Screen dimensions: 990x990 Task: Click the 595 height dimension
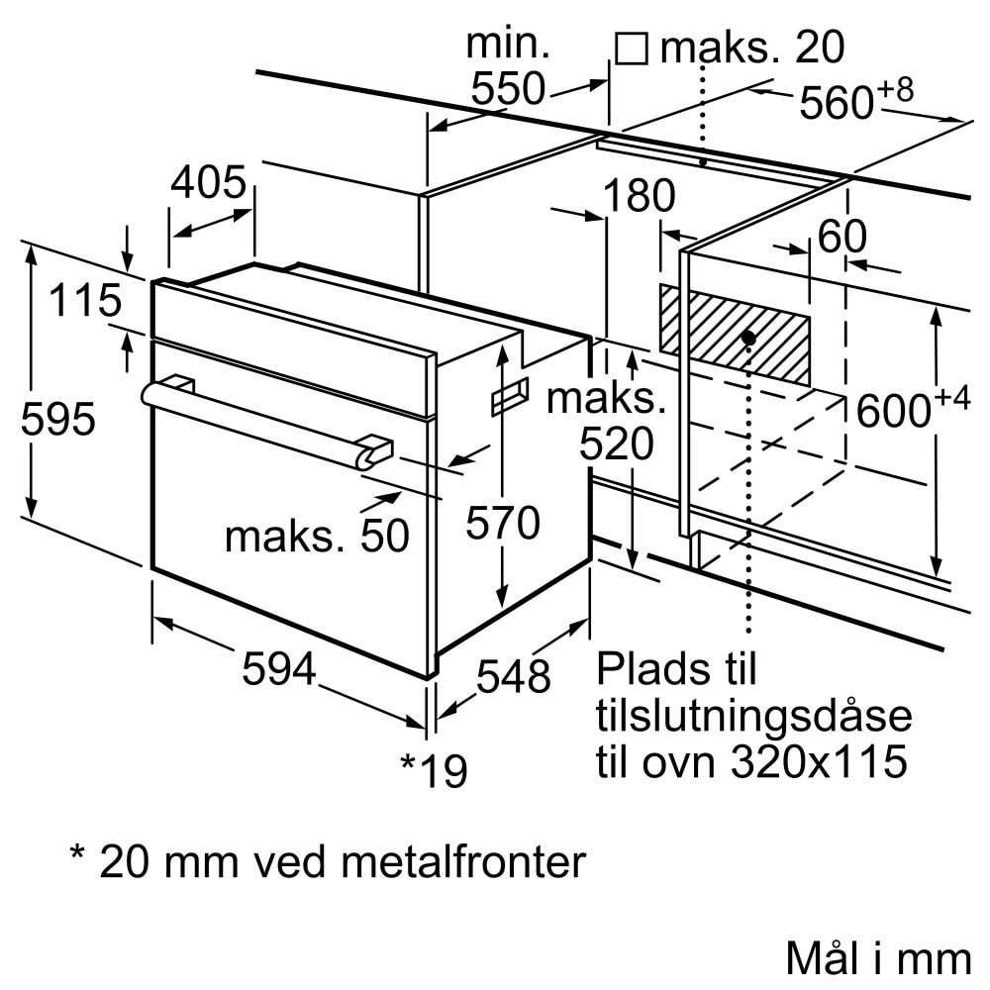pos(58,420)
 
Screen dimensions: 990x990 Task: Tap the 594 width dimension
pos(278,669)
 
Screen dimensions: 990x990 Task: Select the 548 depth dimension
pos(513,676)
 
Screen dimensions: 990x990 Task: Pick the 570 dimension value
pos(504,523)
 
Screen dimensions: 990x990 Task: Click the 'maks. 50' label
pos(316,536)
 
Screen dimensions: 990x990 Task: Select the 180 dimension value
pos(639,197)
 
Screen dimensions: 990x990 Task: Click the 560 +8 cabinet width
pos(854,101)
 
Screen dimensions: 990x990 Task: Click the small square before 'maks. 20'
pos(631,48)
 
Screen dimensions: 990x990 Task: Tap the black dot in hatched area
pos(748,339)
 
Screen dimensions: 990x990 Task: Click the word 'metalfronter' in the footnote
pos(463,862)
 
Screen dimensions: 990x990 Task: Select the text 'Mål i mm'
pos(877,957)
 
